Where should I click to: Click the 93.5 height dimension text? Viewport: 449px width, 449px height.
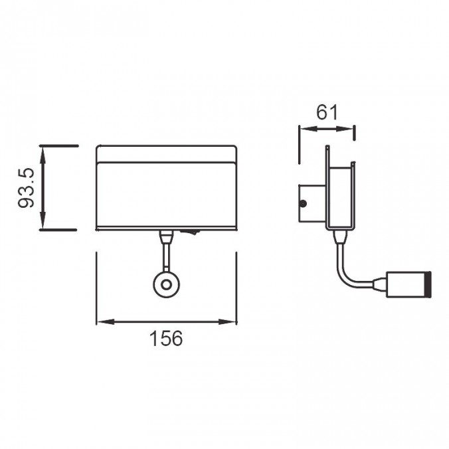(x=25, y=187)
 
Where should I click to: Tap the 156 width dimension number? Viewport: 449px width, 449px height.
(x=165, y=339)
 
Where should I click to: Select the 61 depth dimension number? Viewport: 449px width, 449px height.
(x=327, y=112)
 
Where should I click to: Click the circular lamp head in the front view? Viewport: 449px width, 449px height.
(x=164, y=285)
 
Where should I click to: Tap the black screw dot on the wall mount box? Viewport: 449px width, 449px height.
(x=303, y=204)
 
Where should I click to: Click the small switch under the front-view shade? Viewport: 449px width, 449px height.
(x=191, y=232)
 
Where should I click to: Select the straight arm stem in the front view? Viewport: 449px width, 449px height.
(x=164, y=255)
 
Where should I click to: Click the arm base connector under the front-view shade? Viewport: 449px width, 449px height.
(x=164, y=235)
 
